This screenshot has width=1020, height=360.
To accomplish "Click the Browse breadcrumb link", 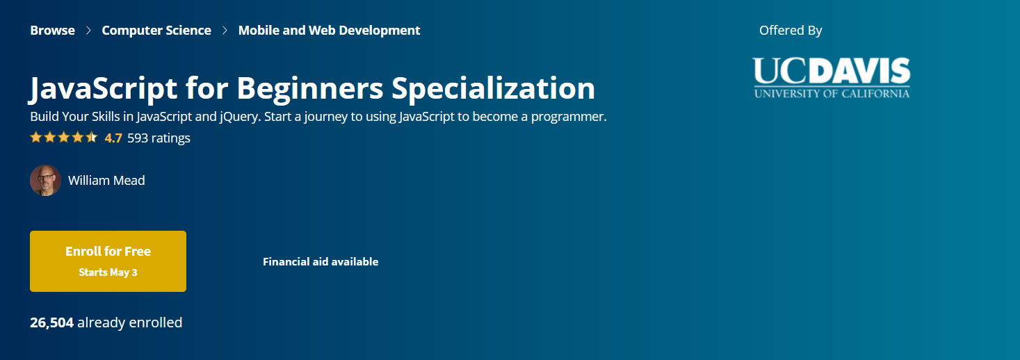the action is coord(52,31).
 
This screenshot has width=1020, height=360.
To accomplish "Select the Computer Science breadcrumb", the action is coord(156,31).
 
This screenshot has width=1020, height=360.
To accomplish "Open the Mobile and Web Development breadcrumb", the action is coord(330,31).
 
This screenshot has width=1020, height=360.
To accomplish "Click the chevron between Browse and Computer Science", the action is coord(88,31).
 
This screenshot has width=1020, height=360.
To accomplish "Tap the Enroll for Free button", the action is coord(108,261).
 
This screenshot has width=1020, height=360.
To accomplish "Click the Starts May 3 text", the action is coord(108,272).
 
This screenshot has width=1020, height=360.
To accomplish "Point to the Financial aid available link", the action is coord(321,262).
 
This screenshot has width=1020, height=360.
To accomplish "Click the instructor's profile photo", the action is coord(45,180).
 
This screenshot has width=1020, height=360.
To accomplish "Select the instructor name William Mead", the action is coord(106,180).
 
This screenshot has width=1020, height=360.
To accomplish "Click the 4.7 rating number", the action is coord(113,138).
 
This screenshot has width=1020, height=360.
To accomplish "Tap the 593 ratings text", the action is coord(159,138).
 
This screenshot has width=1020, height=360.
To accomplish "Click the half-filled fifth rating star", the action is coord(92,137).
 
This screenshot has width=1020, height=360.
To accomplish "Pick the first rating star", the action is coord(36,137).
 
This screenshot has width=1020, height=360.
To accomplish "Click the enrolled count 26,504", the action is coord(52,322).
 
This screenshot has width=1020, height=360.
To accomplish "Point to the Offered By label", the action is coord(791,31).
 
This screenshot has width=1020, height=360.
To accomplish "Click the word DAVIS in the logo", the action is coord(862,71).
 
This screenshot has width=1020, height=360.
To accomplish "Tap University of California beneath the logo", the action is coord(832,94).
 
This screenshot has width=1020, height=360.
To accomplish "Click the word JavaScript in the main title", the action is coord(103,88).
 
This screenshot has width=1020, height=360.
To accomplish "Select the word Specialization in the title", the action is coord(493,88).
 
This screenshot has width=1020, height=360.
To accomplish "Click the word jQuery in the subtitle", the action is coord(240,117).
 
